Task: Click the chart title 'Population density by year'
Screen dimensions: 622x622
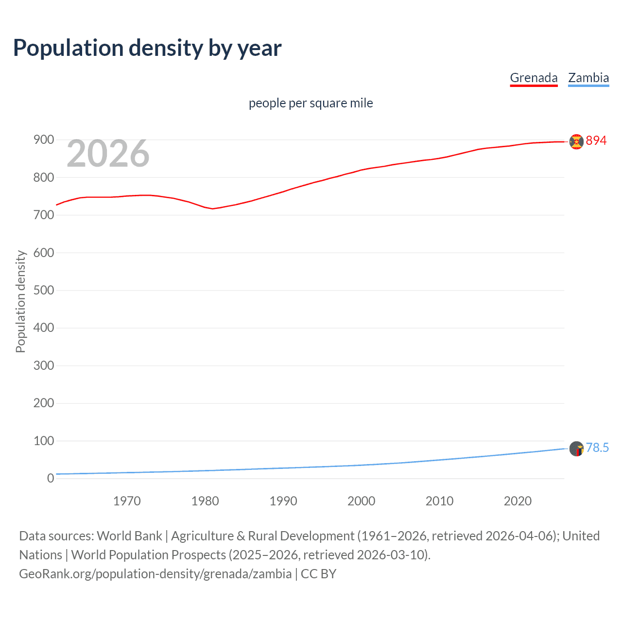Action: (x=147, y=48)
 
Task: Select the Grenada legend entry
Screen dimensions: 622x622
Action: (x=534, y=78)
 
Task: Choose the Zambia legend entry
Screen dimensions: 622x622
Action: (x=588, y=78)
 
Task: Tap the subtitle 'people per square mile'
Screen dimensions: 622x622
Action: (x=311, y=103)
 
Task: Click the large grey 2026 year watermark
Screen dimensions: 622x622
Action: (x=108, y=154)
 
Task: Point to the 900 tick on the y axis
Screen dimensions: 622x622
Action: (x=44, y=140)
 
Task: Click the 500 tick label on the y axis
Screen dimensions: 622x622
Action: (x=44, y=290)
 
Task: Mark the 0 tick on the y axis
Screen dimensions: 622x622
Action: (x=51, y=478)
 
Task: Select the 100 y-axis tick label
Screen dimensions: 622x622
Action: (x=44, y=441)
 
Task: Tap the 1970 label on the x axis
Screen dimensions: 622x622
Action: (x=127, y=501)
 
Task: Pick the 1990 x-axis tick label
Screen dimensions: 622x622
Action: (x=283, y=501)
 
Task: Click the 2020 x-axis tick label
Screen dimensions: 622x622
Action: (x=518, y=501)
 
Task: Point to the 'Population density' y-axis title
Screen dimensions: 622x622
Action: (x=20, y=301)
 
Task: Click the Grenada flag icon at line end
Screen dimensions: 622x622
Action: (x=576, y=141)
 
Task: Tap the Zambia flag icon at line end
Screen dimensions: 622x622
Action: (x=576, y=449)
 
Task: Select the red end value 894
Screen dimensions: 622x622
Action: (x=596, y=140)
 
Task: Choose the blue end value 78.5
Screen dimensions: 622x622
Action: (x=597, y=448)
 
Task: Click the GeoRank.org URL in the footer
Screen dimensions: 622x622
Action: (x=155, y=574)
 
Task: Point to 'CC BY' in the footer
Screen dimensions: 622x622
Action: (x=318, y=574)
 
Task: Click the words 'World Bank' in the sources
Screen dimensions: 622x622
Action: (x=129, y=536)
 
